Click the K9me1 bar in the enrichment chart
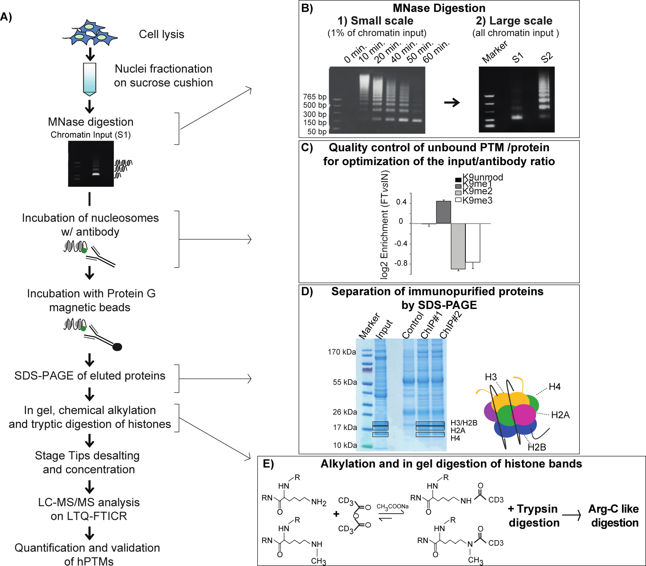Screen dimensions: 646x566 point(443,212)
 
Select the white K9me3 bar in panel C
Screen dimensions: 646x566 point(473,243)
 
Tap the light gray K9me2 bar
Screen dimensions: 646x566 point(458,246)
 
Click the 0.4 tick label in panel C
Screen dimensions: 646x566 point(401,202)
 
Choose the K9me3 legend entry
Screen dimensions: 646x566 point(474,200)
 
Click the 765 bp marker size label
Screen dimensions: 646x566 point(315,97)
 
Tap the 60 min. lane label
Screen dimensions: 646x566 point(436,52)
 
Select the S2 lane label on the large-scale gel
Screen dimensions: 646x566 point(546,58)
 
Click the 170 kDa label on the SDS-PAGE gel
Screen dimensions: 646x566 point(342,352)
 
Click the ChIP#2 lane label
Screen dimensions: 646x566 point(451,325)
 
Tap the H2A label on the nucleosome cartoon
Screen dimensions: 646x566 point(560,415)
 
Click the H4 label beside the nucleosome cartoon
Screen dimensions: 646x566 point(555,387)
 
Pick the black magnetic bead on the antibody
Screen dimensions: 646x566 point(117,347)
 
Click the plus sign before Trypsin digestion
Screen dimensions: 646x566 point(511,509)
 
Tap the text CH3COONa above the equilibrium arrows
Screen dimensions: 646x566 point(393,506)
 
